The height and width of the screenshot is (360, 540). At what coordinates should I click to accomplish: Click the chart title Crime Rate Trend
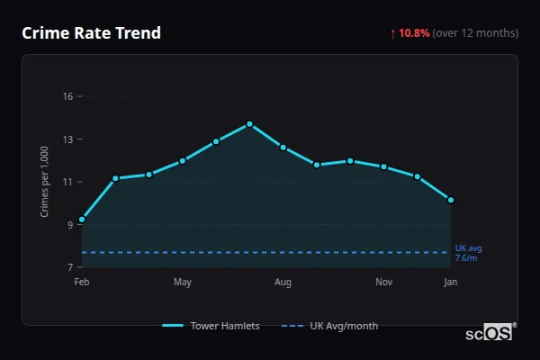point(92,33)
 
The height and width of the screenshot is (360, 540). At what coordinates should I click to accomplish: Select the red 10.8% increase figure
point(414,33)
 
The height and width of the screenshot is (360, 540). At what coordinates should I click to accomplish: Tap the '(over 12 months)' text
point(475,33)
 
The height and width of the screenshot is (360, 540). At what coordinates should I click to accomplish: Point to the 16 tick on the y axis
point(67,96)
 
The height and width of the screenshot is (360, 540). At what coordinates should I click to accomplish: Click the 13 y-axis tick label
point(67,139)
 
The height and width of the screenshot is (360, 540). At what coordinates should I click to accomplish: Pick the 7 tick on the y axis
point(69,267)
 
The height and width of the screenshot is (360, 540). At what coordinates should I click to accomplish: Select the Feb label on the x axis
point(82,283)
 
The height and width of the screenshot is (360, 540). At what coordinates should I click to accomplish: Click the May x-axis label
point(183,283)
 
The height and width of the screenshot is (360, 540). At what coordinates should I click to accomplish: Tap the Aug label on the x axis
point(283,283)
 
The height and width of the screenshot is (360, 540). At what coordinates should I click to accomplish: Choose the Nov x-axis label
point(384,283)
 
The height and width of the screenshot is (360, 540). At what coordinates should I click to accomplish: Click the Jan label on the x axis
point(451,283)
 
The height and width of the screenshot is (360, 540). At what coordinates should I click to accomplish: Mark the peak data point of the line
point(249,124)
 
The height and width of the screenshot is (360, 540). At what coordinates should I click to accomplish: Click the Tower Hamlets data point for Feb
point(82,220)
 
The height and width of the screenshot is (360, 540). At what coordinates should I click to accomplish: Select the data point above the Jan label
point(451,200)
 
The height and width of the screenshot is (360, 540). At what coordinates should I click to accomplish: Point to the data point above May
point(183,161)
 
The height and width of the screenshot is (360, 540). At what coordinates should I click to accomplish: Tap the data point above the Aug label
point(283,147)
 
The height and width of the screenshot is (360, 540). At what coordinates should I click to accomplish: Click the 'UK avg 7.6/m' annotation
point(468,253)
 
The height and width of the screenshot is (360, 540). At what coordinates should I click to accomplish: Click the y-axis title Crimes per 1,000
point(44,182)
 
